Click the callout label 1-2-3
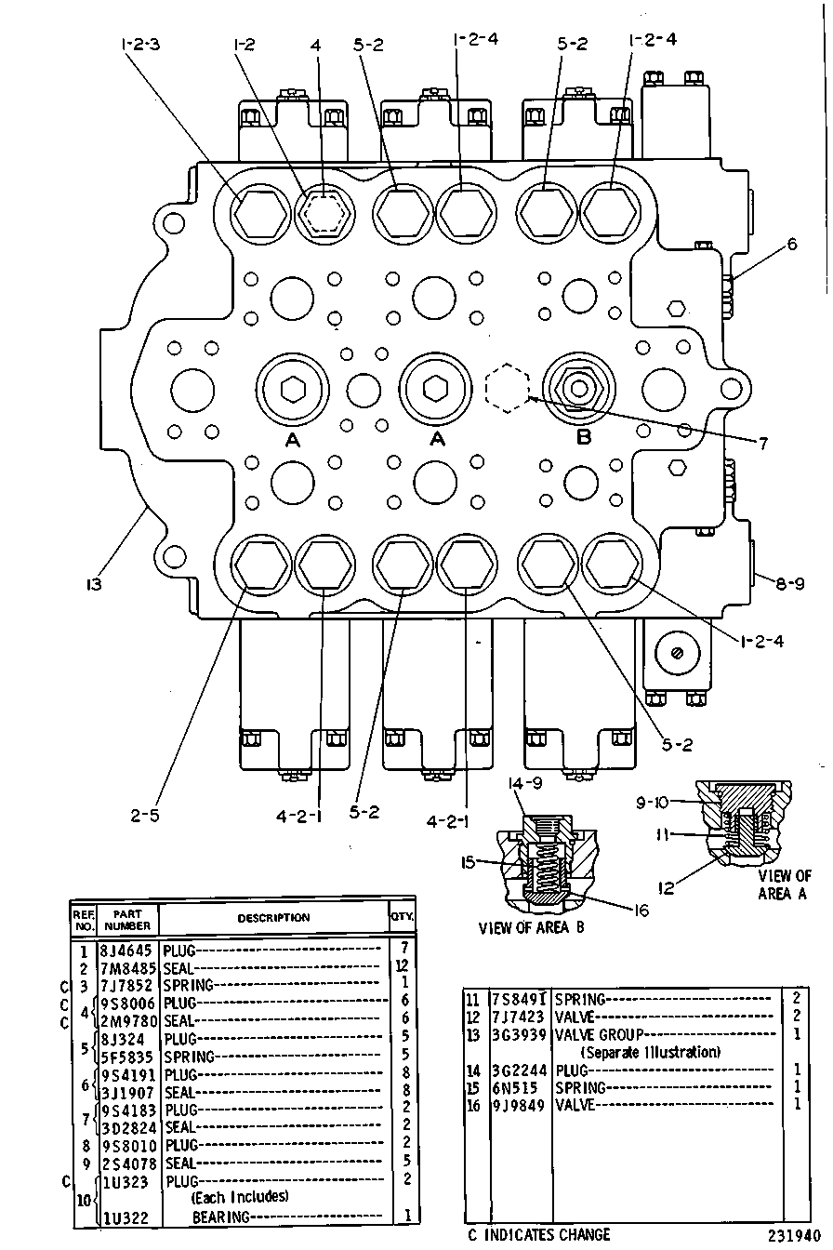tap(140, 44)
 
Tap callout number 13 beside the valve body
tap(94, 584)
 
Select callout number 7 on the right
tap(762, 443)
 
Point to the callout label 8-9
tap(790, 584)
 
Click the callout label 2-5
tap(145, 816)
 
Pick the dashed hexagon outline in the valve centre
tap(507, 389)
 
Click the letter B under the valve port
tap(584, 436)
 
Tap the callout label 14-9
tap(524, 783)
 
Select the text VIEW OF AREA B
tap(531, 928)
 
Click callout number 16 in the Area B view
tap(641, 911)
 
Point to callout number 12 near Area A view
tap(667, 888)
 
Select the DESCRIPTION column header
tap(273, 918)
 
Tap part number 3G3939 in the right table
tap(519, 1035)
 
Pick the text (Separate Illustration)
tap(651, 1053)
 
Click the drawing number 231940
tap(794, 1235)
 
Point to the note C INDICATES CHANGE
tap(539, 1234)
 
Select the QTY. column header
tap(402, 916)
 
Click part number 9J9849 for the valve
tap(519, 1106)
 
